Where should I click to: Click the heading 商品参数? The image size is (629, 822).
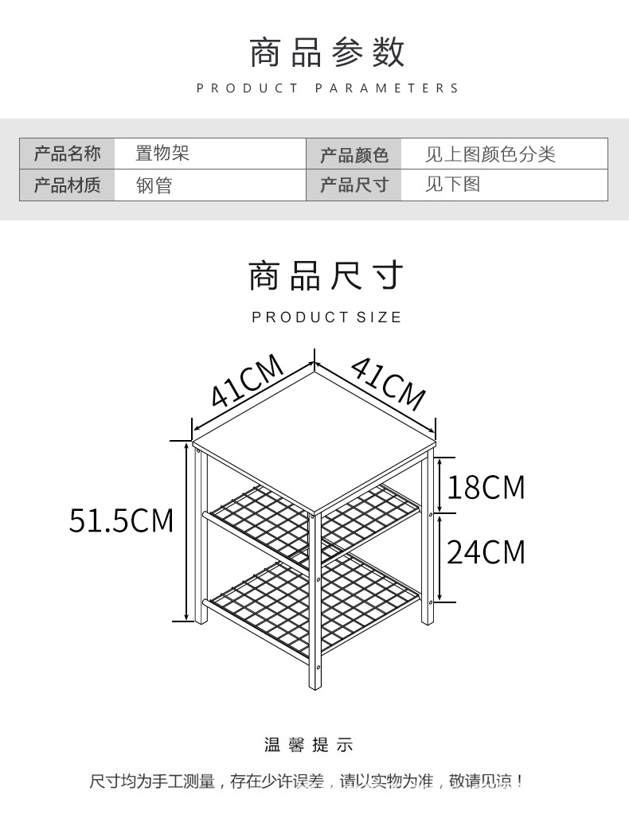pyautogui.click(x=327, y=52)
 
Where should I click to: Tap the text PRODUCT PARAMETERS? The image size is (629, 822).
pyautogui.click(x=327, y=88)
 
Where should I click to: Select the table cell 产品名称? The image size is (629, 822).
pyautogui.click(x=68, y=154)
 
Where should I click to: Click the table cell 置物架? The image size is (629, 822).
pyautogui.click(x=162, y=154)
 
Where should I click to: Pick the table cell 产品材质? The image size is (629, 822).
pyautogui.click(x=68, y=185)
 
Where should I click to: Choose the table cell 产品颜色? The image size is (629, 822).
pyautogui.click(x=354, y=154)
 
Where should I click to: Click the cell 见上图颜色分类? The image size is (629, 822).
pyautogui.click(x=490, y=154)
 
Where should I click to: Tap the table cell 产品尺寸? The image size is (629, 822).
pyautogui.click(x=354, y=185)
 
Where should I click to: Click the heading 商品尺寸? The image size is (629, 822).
pyautogui.click(x=326, y=275)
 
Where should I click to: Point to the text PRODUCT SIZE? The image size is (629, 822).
pyautogui.click(x=326, y=318)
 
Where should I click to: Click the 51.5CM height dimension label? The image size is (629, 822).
pyautogui.click(x=121, y=520)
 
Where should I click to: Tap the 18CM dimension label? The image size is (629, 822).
pyautogui.click(x=486, y=486)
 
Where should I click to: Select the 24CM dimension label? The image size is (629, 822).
pyautogui.click(x=486, y=551)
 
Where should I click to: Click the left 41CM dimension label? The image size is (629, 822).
pyautogui.click(x=248, y=381)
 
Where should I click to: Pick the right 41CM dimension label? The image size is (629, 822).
pyautogui.click(x=388, y=381)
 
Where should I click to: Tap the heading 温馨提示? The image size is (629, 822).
pyautogui.click(x=308, y=745)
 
